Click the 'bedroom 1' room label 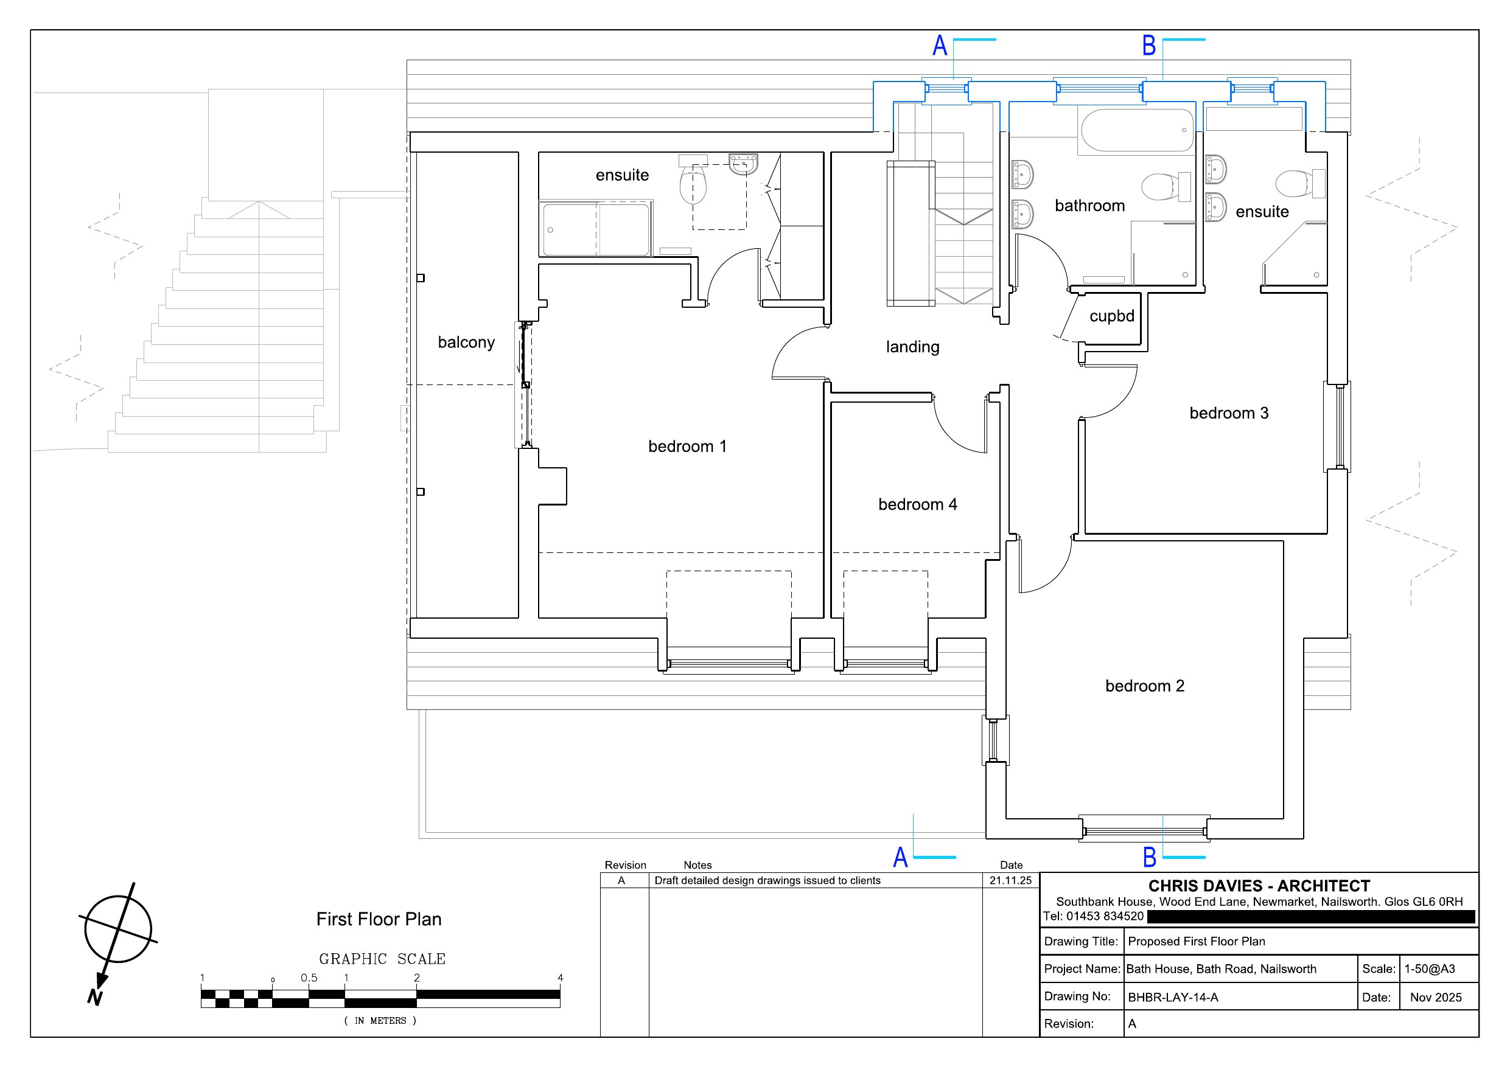point(687,447)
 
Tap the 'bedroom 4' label point(917,504)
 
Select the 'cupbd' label point(1112,316)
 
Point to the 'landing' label point(912,347)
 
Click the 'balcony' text point(466,342)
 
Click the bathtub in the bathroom point(1137,130)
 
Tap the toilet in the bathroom point(1166,187)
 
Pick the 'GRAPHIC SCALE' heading point(382,959)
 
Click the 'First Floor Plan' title point(379,919)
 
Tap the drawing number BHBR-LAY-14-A point(1173,997)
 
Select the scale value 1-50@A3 point(1430,969)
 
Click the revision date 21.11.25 point(1011,880)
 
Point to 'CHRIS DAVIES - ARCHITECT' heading point(1259,886)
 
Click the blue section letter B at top point(1149,46)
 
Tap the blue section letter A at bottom point(900,857)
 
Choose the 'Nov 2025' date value point(1436,997)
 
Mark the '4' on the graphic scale point(561,978)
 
